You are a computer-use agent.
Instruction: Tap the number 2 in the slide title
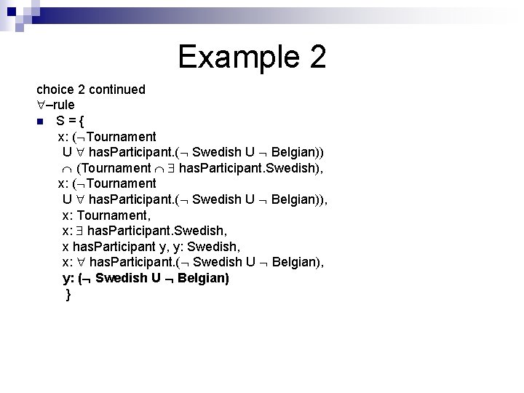[x=316, y=57]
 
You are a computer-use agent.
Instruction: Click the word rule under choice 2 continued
[x=61, y=105]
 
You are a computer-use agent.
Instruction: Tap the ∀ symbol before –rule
[x=41, y=105]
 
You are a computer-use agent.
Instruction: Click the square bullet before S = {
[x=41, y=122]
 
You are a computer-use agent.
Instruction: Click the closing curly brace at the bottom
[x=68, y=294]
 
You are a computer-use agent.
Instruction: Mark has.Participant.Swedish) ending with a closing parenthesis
[x=250, y=168]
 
